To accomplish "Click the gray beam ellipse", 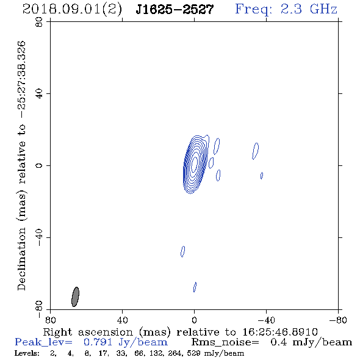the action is coord(75,297).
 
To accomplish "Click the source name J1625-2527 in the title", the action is coord(175,9).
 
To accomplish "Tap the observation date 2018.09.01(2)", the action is coord(72,10).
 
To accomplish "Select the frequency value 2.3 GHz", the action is coord(309,9).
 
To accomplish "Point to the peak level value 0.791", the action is coord(98,342).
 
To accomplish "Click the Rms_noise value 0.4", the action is coord(279,342).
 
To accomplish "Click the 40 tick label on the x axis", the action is coord(122,320).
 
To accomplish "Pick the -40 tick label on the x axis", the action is coord(266,320).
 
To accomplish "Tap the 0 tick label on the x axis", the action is coord(194,320).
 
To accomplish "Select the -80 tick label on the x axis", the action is coord(338,320).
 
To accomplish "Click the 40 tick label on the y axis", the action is coord(39,94).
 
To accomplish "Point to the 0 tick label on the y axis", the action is coord(39,165).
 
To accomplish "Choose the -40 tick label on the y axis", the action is coord(39,237).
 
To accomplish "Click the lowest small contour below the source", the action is coord(195,287).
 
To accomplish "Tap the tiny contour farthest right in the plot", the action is coord(262,176).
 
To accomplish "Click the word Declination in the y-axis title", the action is coord(21,259).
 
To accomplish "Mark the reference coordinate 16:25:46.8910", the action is coord(280,332).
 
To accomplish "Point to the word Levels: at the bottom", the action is coord(27,353).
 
